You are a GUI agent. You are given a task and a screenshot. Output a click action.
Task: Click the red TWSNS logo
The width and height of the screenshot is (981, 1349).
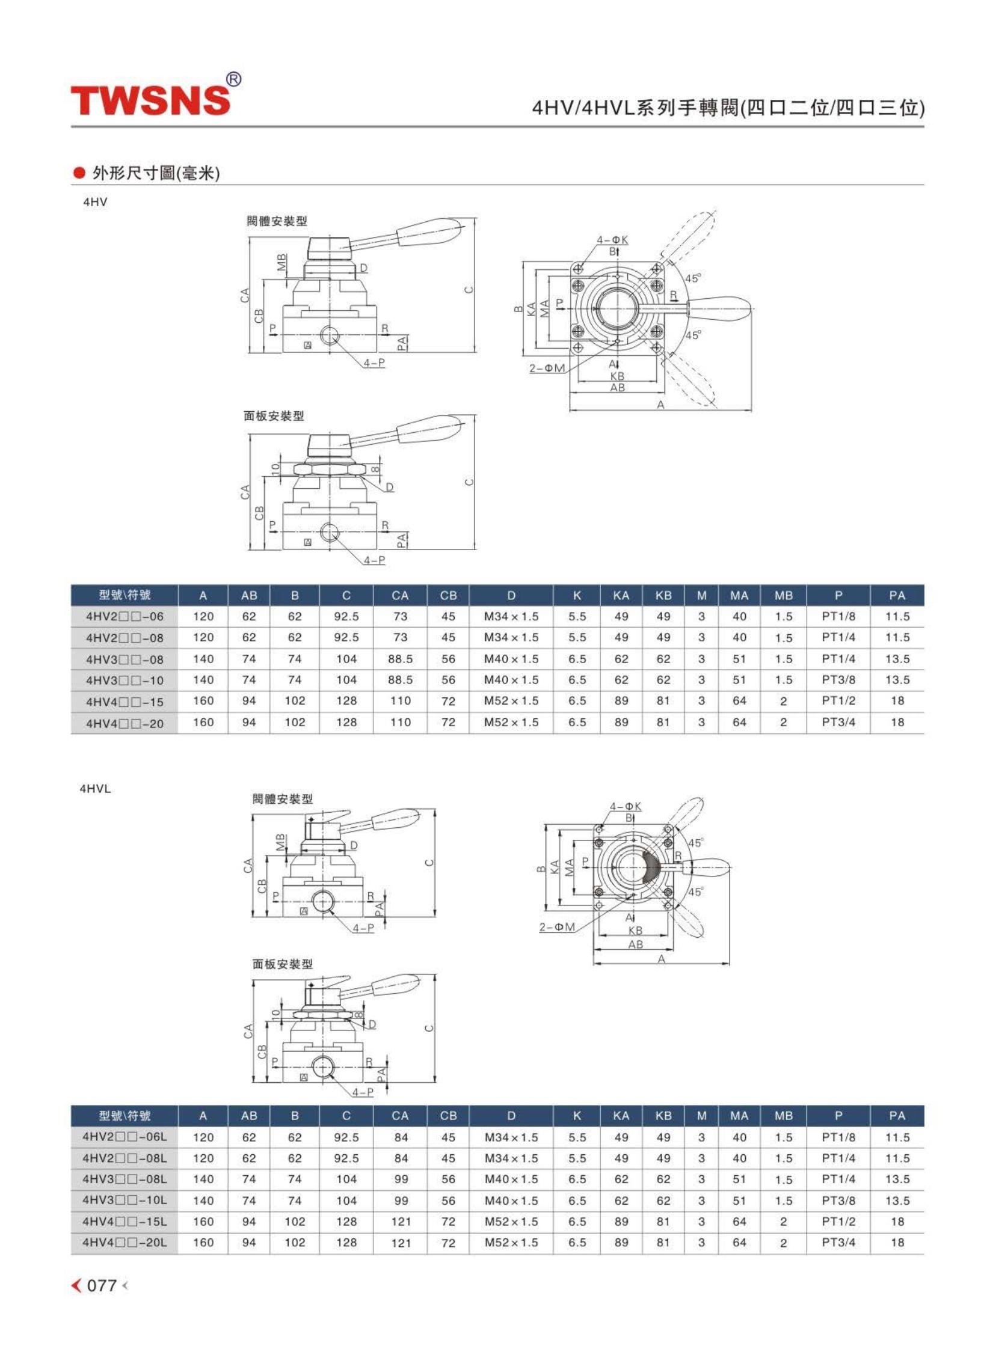150,100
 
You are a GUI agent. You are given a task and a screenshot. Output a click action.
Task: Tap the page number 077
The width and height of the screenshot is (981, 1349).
102,1285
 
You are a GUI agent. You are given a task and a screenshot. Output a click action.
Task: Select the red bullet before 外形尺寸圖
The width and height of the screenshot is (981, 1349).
79,173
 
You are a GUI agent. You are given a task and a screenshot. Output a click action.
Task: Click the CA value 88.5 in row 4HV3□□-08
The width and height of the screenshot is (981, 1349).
400,659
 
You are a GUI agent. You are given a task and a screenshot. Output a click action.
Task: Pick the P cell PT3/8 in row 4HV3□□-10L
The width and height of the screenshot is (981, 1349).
838,1200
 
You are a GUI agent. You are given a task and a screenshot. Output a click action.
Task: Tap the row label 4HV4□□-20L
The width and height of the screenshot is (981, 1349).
125,1242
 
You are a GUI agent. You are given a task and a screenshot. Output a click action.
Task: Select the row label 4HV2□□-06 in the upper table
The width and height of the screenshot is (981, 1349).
125,616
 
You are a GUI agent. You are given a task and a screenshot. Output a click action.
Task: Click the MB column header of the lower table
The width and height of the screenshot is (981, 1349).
783,1115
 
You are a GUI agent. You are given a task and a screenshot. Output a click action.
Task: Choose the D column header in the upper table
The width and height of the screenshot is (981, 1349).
511,595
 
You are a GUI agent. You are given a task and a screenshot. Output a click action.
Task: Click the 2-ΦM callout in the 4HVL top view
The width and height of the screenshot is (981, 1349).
557,926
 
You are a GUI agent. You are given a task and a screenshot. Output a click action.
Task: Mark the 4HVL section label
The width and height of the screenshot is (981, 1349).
95,789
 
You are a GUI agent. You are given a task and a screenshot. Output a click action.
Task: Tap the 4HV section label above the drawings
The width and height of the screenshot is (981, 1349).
95,202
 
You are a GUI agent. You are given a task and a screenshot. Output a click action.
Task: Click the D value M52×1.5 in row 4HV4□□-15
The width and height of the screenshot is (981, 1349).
511,701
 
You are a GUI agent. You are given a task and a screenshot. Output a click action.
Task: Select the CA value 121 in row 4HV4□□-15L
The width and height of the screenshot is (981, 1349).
401,1221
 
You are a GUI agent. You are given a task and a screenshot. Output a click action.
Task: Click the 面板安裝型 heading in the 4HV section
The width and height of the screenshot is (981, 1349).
274,415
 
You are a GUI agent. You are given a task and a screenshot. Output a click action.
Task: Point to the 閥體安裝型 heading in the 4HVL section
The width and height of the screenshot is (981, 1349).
283,798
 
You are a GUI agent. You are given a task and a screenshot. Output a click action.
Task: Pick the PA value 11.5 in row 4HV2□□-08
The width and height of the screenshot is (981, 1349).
897,637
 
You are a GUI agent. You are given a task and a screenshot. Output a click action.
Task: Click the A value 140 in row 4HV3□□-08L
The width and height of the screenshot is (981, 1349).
203,1179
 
